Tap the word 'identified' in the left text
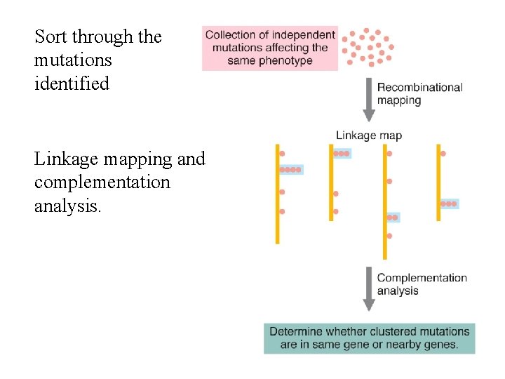[x=72, y=84]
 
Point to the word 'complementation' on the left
[x=102, y=182]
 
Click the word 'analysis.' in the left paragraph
[x=68, y=206]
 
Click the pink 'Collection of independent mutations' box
[x=270, y=48]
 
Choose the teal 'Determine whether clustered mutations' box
[x=369, y=338]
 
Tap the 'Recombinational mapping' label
[x=419, y=93]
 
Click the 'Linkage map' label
[x=368, y=135]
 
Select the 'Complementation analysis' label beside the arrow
[x=422, y=284]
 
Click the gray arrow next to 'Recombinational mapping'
[x=369, y=98]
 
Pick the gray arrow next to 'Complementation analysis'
[x=369, y=288]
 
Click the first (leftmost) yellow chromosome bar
[x=278, y=194]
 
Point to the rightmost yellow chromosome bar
[x=439, y=182]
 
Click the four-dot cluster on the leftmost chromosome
[x=290, y=170]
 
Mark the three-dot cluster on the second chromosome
[x=341, y=153]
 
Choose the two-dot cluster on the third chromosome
[x=392, y=218]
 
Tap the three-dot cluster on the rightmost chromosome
[x=449, y=204]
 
